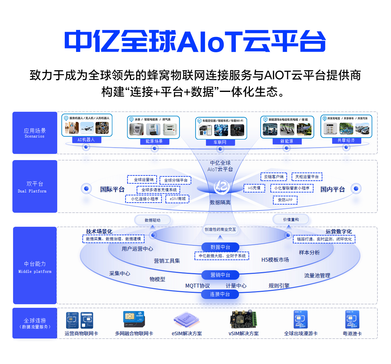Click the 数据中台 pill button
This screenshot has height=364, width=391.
click(x=220, y=247)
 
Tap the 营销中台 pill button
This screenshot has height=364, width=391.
click(x=220, y=275)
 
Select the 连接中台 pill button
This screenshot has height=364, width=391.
click(x=220, y=294)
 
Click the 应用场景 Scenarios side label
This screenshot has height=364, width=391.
click(x=35, y=133)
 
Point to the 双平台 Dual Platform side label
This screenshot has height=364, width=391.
click(x=35, y=186)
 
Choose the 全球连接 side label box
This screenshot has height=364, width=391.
click(x=35, y=323)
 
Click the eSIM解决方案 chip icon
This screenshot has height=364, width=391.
click(x=186, y=320)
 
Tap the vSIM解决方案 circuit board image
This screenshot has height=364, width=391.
click(x=243, y=319)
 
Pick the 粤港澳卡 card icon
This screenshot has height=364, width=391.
click(x=352, y=319)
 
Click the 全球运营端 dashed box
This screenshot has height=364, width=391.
click(x=142, y=180)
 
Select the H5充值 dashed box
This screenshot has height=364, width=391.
click(x=254, y=188)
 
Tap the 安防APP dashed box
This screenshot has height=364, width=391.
click(x=285, y=200)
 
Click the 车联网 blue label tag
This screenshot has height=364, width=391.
click(x=220, y=142)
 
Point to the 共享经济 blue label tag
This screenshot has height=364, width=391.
click(x=346, y=140)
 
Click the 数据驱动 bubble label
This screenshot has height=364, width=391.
click(x=152, y=220)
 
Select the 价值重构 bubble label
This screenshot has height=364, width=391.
click(x=291, y=219)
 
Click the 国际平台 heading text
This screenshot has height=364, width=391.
click(x=112, y=189)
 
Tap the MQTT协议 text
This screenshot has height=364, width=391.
click(x=197, y=286)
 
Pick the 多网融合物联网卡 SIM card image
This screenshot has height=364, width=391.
click(x=134, y=319)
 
